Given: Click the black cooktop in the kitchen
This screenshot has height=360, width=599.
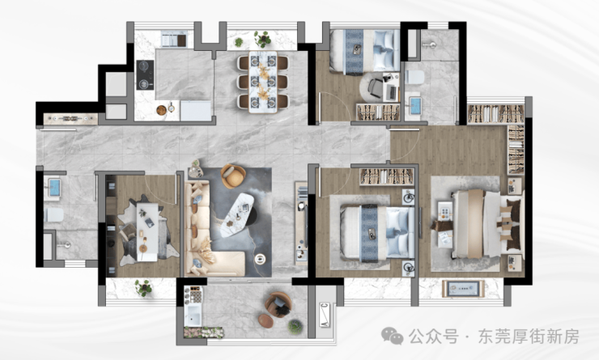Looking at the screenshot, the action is [145, 74].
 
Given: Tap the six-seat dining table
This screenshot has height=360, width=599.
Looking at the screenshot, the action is [263, 82].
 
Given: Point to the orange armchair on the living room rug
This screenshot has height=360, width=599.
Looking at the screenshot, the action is [233, 176].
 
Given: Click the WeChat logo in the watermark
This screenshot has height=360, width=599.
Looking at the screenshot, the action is [392, 336].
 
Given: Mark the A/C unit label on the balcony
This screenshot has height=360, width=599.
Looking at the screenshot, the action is [325, 315].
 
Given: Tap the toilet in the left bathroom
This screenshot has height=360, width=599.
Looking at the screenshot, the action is [53, 215].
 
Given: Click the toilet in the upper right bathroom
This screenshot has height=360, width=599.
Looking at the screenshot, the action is [414, 77].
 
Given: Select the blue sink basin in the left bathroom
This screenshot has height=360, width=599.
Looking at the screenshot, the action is [54, 187].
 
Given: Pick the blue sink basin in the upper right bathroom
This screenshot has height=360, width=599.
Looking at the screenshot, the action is [415, 106].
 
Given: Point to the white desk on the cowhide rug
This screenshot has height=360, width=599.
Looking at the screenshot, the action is [147, 231].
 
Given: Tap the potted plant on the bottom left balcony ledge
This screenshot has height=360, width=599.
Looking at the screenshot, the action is [143, 287].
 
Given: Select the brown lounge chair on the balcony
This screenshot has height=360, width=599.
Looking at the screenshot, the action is [278, 304].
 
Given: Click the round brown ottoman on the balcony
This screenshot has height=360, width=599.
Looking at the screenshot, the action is [266, 321].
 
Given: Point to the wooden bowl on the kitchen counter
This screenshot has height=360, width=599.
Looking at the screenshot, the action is [162, 110].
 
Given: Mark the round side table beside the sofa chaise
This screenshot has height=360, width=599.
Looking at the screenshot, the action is [260, 259].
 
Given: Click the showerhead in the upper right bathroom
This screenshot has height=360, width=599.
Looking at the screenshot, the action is [429, 45].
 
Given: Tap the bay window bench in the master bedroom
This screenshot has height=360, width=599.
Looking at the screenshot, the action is [463, 288].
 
